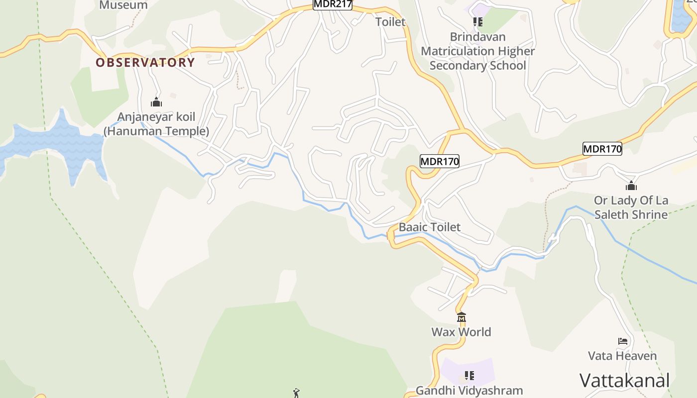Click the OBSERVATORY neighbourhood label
(145, 63)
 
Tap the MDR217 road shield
(333, 4)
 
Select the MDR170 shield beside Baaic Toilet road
(439, 161)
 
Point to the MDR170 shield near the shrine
(602, 149)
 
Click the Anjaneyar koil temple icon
(156, 102)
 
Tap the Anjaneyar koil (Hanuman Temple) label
(156, 124)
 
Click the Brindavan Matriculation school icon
(478, 22)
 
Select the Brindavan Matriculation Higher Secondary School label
(478, 51)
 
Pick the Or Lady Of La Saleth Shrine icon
(631, 186)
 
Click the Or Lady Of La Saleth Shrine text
(631, 207)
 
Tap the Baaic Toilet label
(430, 227)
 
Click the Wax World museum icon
(462, 317)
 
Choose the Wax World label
(461, 332)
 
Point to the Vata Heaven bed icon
(622, 341)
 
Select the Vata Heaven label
(622, 356)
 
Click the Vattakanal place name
(624, 381)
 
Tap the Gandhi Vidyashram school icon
(469, 375)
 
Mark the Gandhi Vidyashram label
(469, 391)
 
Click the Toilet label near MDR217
(390, 22)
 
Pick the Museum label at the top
(123, 5)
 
